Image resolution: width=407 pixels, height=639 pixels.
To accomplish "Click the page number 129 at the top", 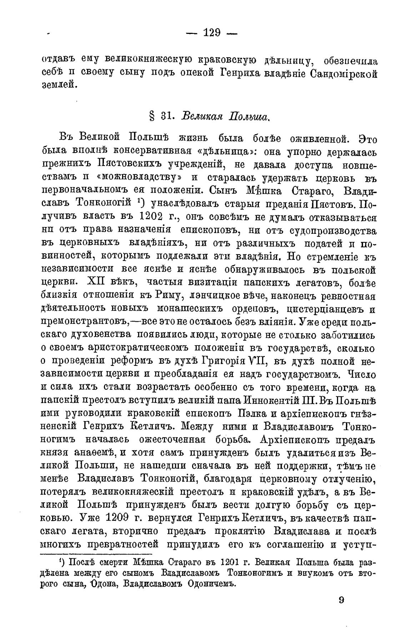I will pos(212,33).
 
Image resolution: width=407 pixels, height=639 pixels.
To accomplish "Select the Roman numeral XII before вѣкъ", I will pos(95,282).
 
